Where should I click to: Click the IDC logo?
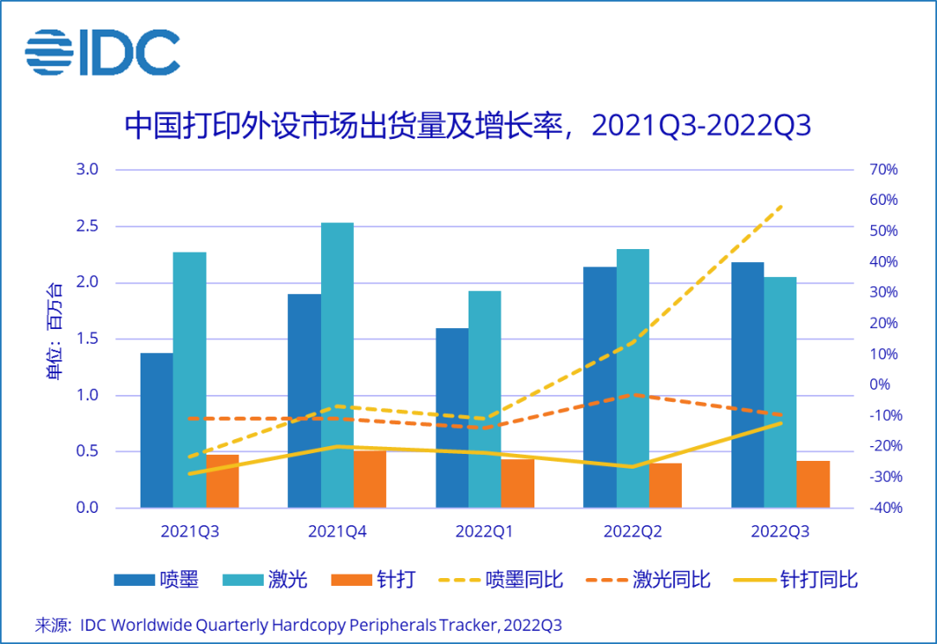(x=102, y=51)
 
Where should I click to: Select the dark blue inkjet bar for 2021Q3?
(x=156, y=430)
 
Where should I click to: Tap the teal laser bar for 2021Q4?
(x=337, y=365)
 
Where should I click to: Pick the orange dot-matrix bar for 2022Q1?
(x=518, y=483)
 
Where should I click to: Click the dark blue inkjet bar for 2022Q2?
(x=600, y=387)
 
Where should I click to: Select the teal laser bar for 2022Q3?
(x=780, y=392)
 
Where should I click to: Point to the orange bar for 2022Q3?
(x=813, y=484)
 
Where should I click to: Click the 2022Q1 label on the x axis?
(x=485, y=531)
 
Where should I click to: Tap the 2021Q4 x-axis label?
(x=337, y=531)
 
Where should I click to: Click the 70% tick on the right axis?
(x=883, y=169)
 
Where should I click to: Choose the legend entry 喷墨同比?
(x=502, y=580)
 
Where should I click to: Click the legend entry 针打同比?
(x=796, y=580)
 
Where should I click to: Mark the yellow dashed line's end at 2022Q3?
(x=782, y=206)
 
